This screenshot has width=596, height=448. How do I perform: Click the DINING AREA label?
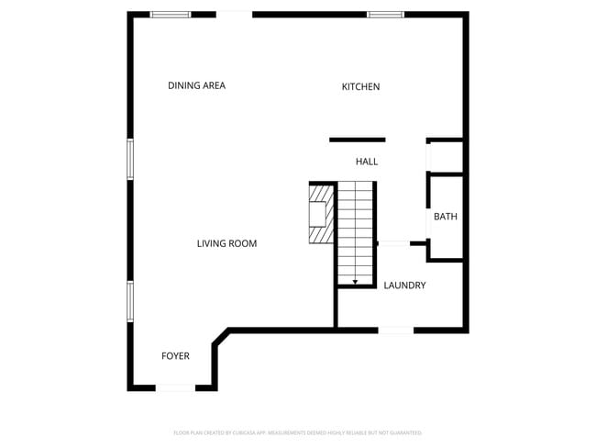tap(196, 85)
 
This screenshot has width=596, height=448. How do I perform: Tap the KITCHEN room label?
tap(360, 86)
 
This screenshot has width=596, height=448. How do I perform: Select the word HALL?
tap(367, 162)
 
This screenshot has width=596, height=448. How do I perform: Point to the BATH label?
tap(446, 217)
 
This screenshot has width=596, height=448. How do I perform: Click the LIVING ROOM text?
tap(226, 243)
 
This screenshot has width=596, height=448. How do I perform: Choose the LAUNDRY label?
tap(404, 286)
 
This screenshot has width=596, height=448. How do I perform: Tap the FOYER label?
tap(175, 356)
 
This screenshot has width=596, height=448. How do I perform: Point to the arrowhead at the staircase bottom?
tap(356, 282)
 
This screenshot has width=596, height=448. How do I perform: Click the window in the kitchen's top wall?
tap(385, 15)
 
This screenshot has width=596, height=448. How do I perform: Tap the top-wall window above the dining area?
tap(171, 15)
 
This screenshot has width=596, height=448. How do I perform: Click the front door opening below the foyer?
tap(175, 388)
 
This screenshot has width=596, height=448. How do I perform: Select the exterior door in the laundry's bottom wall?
tap(396, 330)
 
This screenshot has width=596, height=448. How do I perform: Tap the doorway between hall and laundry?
tap(393, 243)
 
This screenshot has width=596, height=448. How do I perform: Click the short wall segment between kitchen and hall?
tap(357, 140)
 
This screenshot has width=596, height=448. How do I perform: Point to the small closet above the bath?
tap(446, 157)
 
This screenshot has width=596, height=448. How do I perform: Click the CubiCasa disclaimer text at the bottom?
tap(297, 432)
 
